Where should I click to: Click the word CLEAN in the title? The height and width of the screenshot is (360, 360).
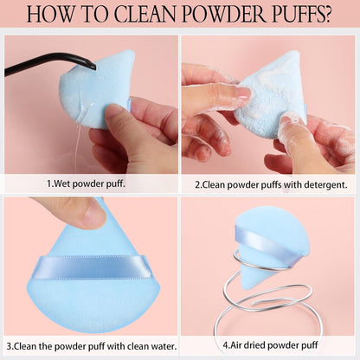[145, 16]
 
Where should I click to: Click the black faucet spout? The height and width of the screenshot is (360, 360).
[52, 63]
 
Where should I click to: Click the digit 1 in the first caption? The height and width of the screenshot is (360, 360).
[48, 183]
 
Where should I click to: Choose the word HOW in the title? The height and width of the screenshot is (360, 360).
[49, 16]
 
